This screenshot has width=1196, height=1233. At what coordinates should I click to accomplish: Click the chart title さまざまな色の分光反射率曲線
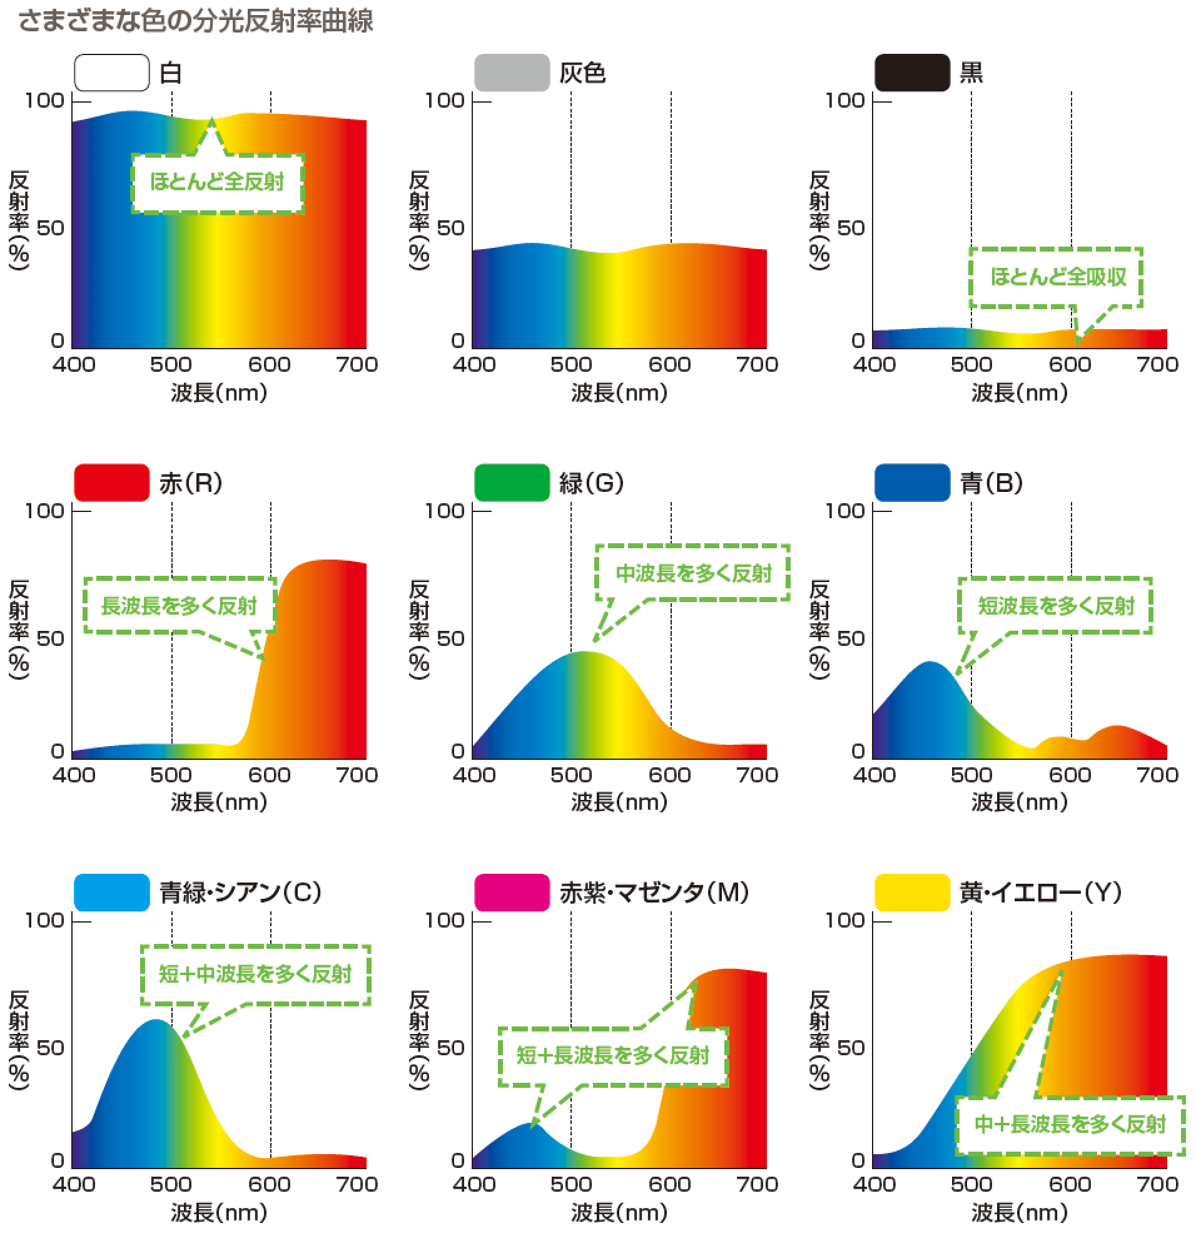(196, 21)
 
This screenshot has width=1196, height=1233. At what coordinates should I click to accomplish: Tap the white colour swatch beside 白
(112, 73)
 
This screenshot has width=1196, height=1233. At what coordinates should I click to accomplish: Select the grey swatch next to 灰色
(512, 73)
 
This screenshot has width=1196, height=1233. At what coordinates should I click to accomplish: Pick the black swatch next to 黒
(912, 73)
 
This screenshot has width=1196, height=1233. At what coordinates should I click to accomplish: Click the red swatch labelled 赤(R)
(112, 483)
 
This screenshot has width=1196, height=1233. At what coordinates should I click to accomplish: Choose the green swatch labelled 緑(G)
(512, 483)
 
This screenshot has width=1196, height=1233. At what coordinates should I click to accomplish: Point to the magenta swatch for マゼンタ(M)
(512, 892)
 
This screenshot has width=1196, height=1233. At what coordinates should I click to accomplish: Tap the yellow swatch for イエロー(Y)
(912, 892)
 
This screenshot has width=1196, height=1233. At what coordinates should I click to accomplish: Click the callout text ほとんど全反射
(217, 182)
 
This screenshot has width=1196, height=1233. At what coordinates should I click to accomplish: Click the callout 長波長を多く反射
(179, 606)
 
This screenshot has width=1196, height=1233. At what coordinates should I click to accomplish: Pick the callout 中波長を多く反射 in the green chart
(694, 573)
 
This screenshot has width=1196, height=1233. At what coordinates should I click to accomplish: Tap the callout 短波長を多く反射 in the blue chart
(1056, 606)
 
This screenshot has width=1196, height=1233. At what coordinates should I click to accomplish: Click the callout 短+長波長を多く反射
(613, 1055)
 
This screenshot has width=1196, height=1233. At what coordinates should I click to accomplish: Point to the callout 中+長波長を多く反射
(1070, 1123)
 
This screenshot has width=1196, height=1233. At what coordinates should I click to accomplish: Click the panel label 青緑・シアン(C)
(240, 892)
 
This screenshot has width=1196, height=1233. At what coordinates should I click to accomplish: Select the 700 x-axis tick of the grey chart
(757, 364)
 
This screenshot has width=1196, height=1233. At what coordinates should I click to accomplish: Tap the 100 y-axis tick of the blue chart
(845, 511)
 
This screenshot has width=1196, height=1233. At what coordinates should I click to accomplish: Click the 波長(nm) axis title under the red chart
(219, 802)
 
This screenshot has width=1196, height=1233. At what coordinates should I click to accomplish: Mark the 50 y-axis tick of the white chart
(50, 228)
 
